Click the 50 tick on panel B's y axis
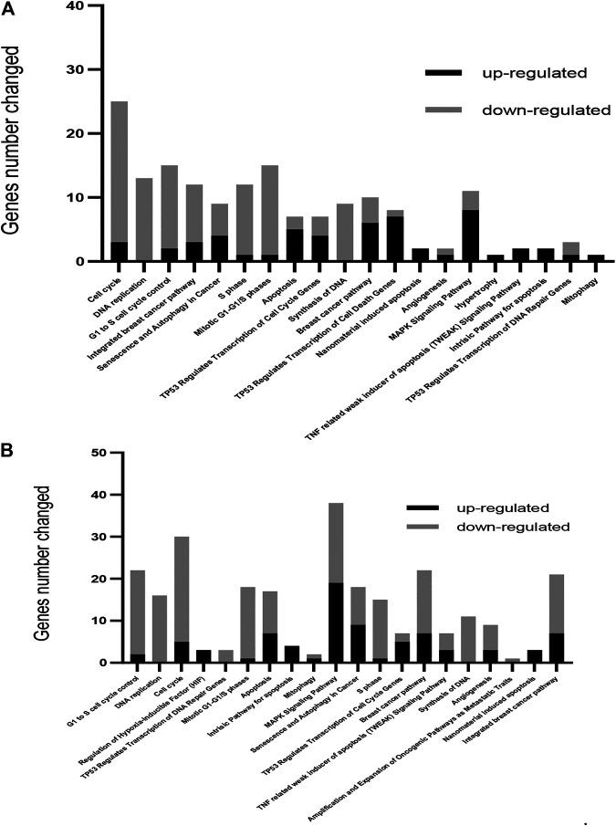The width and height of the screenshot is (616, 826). tap(116, 453)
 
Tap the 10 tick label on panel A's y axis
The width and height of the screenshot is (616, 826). tap(78, 197)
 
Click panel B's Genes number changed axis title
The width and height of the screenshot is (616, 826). tap(40, 558)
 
